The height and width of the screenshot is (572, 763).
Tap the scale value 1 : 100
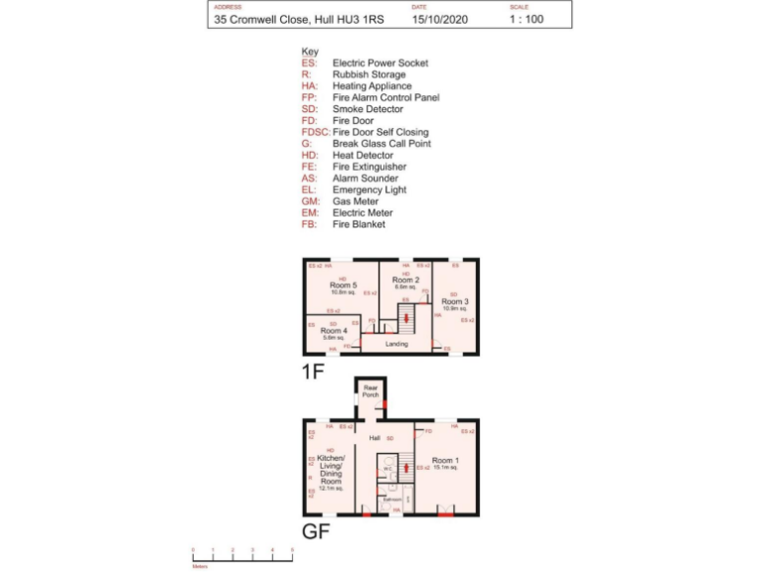527,19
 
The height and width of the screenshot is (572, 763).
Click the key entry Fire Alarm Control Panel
385,97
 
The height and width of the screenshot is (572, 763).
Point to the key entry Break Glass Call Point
381,144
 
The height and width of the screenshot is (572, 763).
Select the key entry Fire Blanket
359,224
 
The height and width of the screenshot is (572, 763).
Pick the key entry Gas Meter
357,202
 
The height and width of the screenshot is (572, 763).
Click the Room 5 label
343,286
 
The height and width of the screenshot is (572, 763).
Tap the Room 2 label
405,281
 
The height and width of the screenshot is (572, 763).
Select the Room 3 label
455,301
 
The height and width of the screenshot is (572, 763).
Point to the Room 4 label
334,331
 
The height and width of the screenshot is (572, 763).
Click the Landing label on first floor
397,344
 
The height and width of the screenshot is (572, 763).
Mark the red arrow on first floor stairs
406,318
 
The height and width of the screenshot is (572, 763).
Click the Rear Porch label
371,392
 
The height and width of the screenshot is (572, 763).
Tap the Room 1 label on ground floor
445,461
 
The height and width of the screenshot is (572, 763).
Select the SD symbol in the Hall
390,437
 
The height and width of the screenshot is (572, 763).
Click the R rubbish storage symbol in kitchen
310,477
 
